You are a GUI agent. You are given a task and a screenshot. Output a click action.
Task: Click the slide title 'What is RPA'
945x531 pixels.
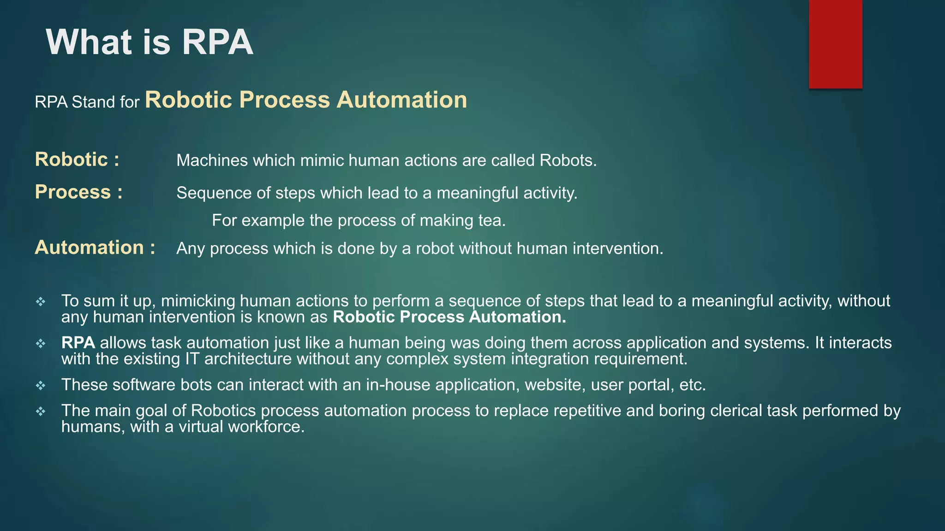(150, 42)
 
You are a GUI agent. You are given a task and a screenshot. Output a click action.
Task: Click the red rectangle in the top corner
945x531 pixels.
(835, 44)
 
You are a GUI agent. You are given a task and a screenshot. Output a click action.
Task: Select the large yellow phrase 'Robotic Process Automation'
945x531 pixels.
(306, 100)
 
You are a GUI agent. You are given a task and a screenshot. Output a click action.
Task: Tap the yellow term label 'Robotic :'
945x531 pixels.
(77, 159)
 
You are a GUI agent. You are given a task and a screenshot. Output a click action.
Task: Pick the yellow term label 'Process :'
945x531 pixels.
(79, 192)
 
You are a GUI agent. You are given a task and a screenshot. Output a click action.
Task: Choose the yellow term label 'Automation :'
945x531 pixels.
(95, 248)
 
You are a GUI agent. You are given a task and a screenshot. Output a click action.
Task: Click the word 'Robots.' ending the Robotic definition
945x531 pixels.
(568, 160)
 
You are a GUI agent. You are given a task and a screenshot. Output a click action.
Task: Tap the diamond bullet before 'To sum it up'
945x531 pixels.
(41, 302)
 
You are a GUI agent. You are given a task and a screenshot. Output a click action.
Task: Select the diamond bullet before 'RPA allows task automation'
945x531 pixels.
(41, 344)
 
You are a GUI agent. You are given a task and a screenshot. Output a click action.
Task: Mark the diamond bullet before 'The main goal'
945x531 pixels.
(41, 412)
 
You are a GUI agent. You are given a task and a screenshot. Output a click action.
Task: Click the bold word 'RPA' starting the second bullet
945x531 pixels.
(78, 343)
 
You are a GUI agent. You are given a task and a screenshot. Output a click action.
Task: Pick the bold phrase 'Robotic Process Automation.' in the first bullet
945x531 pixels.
(449, 317)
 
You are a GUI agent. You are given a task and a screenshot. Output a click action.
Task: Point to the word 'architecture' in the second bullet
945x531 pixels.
(248, 359)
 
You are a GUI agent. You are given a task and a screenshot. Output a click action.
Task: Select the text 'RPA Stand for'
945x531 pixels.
(87, 102)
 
